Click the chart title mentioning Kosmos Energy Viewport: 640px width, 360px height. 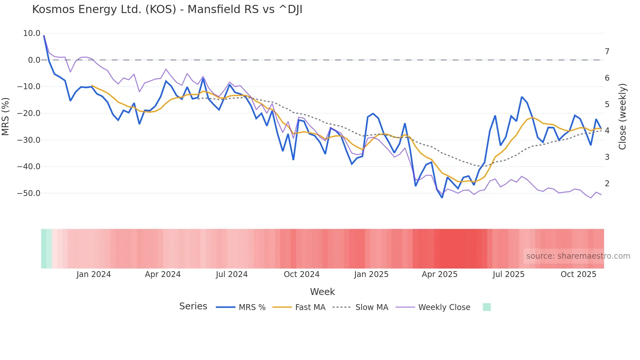tap(167, 9)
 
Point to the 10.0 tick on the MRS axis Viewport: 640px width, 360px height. tap(32, 33)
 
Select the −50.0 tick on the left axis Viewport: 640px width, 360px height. tap(29, 193)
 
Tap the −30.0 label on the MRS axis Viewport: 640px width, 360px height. tap(29, 140)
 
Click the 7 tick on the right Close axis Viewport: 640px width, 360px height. tap(607, 52)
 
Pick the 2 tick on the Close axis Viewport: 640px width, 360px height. tap(607, 184)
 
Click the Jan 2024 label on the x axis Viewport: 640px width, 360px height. tap(94, 274)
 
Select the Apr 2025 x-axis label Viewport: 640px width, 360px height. tap(440, 274)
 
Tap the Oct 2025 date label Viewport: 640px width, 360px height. tap(578, 274)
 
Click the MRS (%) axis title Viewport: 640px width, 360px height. tap(6, 116)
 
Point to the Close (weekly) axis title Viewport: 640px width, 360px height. tap(622, 117)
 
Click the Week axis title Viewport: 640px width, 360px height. tap(322, 292)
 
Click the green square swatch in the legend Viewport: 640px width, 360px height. tap(487, 307)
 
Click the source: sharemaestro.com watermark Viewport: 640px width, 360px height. tap(578, 256)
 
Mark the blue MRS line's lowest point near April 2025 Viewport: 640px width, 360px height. tap(442, 198)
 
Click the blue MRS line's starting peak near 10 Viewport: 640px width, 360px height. tap(44, 36)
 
